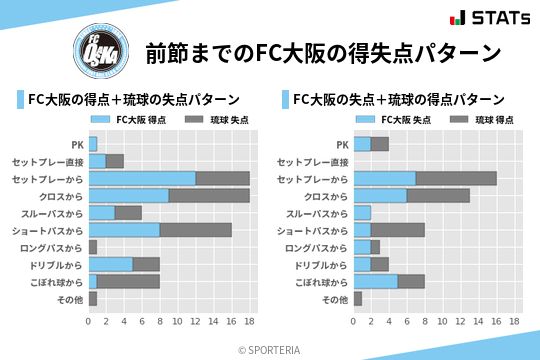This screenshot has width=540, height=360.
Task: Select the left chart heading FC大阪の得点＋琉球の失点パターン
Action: tap(133, 100)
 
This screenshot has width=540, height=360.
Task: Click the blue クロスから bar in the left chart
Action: tap(129, 196)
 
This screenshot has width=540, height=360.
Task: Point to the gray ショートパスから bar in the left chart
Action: tap(196, 230)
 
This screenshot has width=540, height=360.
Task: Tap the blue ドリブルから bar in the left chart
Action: tap(111, 264)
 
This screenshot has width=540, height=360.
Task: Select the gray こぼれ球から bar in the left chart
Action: tap(128, 281)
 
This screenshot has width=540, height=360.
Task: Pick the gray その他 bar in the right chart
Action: tap(358, 298)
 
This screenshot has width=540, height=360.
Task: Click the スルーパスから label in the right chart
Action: tap(317, 213)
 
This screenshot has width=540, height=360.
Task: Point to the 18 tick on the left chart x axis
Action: tap(250, 322)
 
